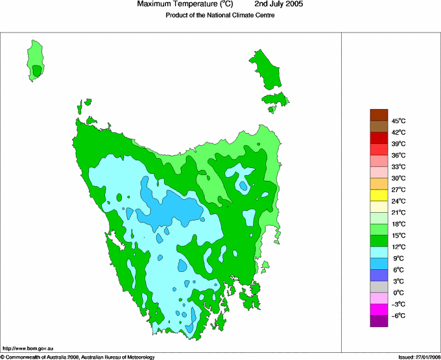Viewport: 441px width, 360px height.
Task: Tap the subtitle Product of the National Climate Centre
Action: point(220,16)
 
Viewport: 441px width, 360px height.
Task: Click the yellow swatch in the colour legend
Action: point(379,195)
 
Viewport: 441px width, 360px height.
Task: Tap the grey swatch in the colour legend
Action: point(379,286)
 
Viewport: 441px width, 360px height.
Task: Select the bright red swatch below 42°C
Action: point(379,138)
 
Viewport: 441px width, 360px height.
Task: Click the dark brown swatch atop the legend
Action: point(379,115)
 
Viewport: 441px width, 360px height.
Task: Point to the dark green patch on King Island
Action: point(38,70)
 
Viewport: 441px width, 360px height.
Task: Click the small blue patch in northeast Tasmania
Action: point(243,186)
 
